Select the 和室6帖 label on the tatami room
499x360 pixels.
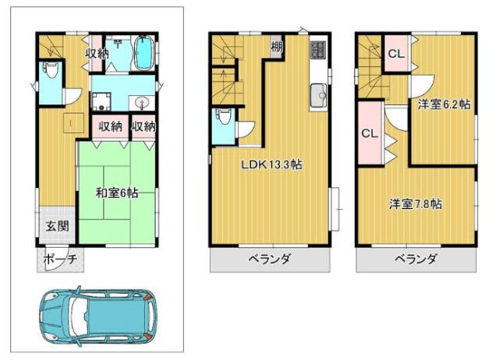click(x=116, y=192)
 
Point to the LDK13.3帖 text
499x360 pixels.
click(x=271, y=165)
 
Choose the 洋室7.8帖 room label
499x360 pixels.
click(x=416, y=204)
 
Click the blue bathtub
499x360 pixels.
click(x=145, y=53)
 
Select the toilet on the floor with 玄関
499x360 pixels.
click(x=48, y=72)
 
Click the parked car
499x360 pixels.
click(x=99, y=318)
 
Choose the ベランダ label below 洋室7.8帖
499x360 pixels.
click(x=416, y=259)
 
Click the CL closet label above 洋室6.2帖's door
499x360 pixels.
click(x=395, y=55)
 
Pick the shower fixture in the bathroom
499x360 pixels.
click(x=116, y=44)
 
